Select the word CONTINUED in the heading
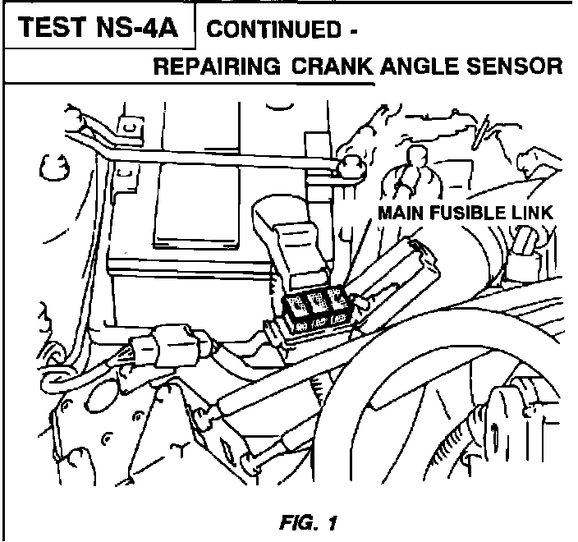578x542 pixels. pos(271,31)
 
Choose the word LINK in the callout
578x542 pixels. pos(531,213)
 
